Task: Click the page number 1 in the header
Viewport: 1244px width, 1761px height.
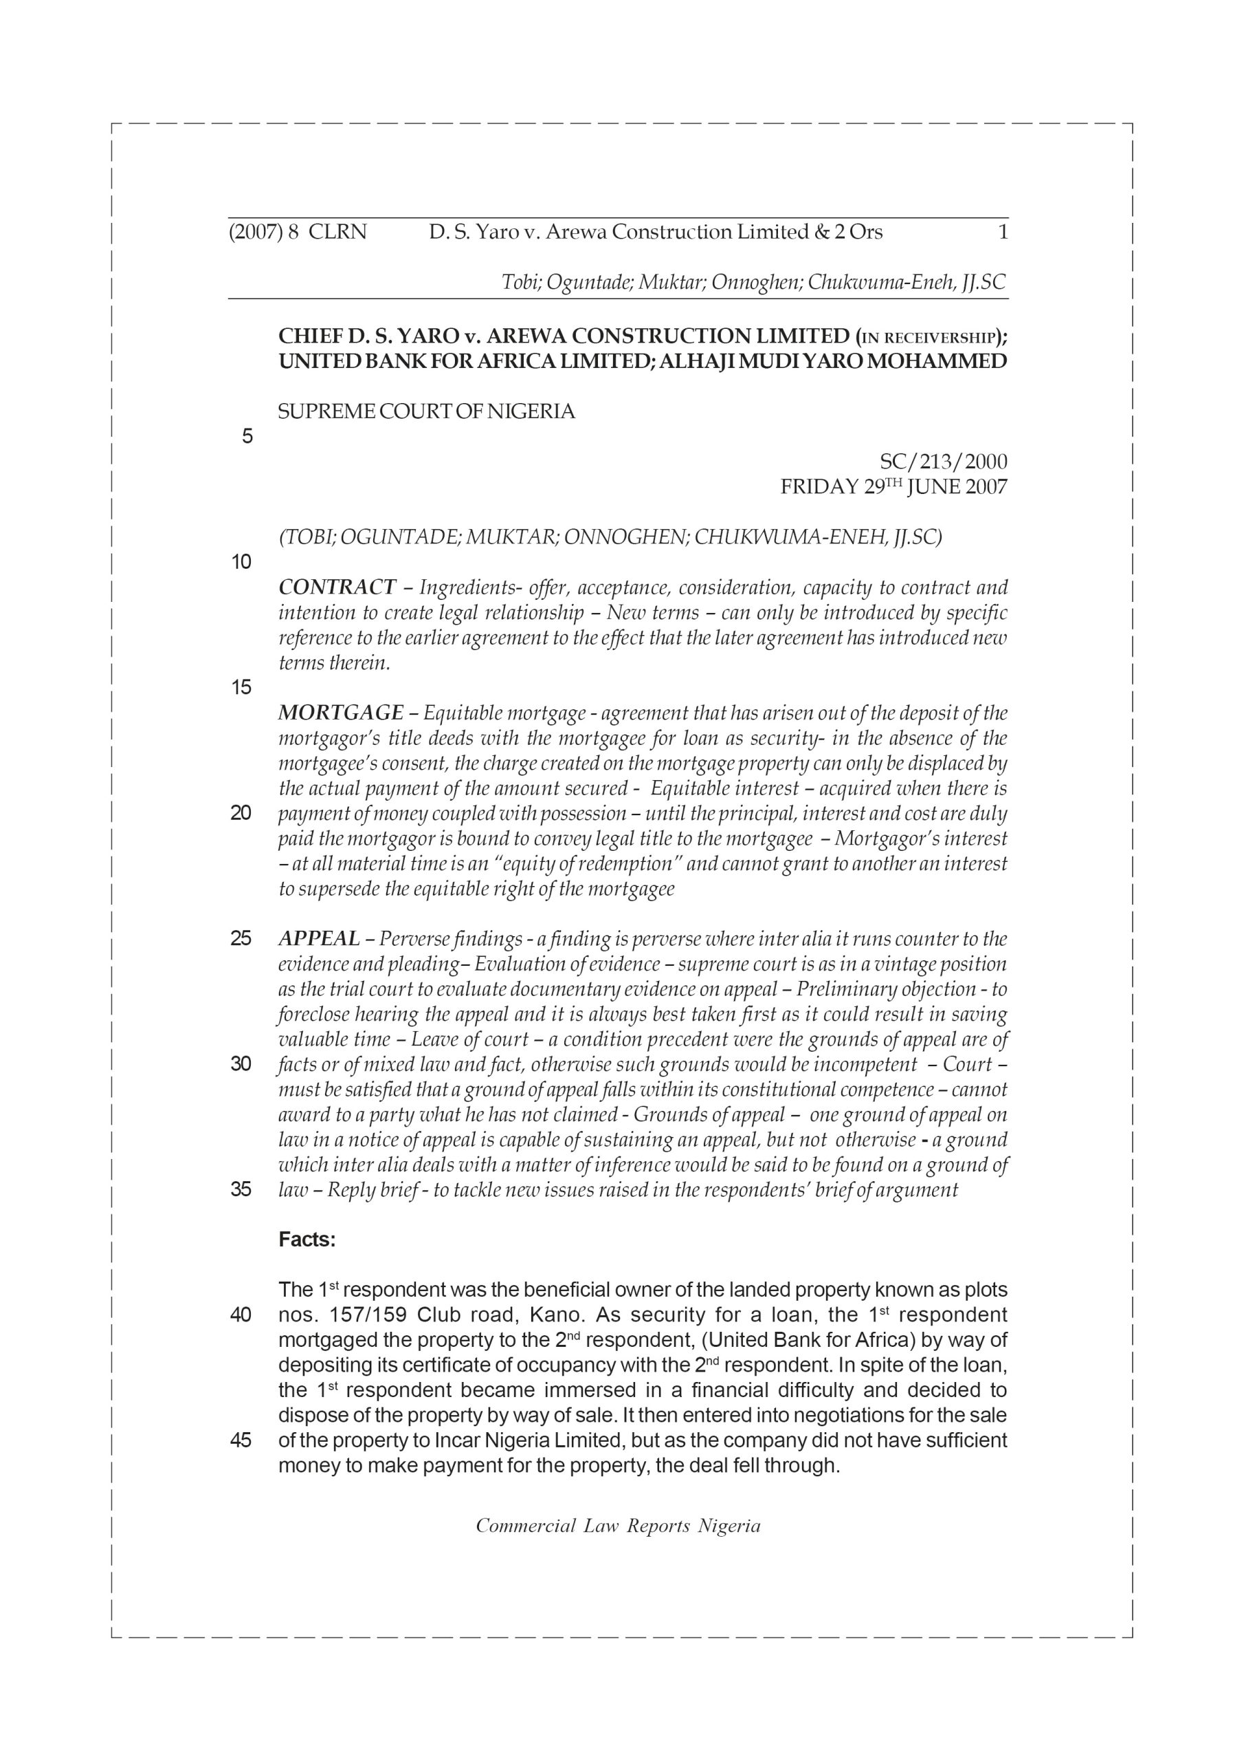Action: (x=1003, y=232)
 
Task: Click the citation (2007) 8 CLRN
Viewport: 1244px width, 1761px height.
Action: (x=298, y=232)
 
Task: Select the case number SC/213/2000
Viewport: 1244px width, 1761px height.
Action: (x=943, y=462)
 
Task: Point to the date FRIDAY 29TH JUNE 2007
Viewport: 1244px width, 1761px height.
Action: (x=893, y=487)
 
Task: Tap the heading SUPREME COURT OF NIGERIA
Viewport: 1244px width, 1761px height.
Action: (x=426, y=412)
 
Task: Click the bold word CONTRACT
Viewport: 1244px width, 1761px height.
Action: (x=337, y=587)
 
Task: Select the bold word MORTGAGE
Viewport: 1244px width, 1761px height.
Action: (x=340, y=713)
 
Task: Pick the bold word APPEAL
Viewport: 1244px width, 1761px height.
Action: (x=319, y=939)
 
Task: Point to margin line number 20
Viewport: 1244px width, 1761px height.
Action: (x=241, y=813)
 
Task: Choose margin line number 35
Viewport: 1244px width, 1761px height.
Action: (x=241, y=1189)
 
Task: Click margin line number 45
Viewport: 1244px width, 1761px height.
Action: (x=241, y=1440)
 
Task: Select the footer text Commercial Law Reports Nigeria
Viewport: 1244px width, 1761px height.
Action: (x=618, y=1526)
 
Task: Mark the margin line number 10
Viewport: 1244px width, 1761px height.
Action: (x=241, y=562)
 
